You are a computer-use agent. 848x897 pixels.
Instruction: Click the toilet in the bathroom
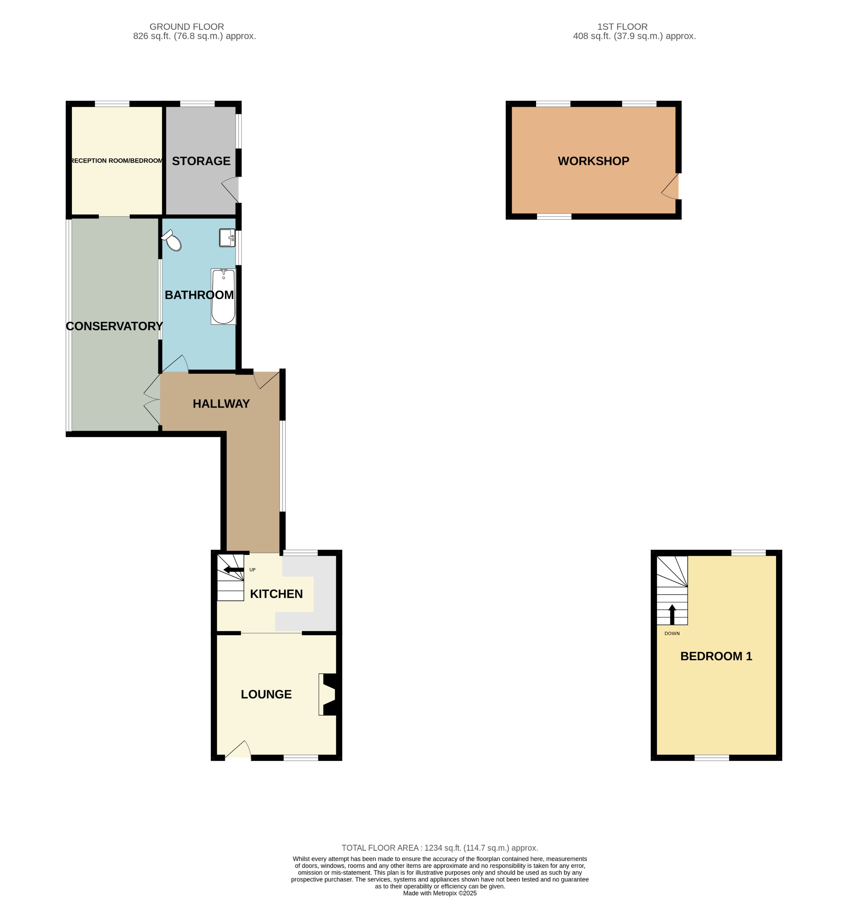tap(172, 241)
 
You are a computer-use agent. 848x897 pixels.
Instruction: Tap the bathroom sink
tap(227, 237)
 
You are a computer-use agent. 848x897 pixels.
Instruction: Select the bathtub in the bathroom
tap(223, 297)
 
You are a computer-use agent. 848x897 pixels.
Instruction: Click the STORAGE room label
tap(201, 161)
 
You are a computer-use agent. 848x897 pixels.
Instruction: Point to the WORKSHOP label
tap(593, 161)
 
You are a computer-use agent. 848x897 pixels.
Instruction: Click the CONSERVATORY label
tap(114, 326)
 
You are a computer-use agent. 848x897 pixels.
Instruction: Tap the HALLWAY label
tap(221, 404)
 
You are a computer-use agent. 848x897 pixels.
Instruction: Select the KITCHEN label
tap(276, 594)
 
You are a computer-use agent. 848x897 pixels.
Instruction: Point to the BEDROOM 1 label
tap(716, 656)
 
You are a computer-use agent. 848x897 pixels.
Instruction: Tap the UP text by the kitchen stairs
tap(252, 570)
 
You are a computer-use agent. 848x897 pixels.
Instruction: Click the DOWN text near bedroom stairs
tap(672, 634)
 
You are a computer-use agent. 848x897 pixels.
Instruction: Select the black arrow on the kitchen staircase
tap(233, 570)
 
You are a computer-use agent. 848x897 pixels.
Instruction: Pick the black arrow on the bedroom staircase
tap(672, 614)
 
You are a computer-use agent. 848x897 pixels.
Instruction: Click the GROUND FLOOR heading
tap(187, 27)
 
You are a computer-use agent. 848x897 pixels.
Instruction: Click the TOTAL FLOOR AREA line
tap(439, 848)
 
